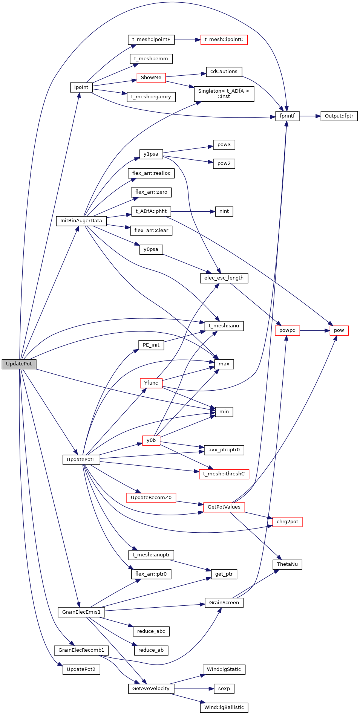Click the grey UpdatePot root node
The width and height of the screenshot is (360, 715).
click(x=19, y=364)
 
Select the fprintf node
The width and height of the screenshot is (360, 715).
click(x=287, y=116)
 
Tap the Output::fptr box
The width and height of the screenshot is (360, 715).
click(x=339, y=116)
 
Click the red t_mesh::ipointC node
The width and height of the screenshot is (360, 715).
click(x=224, y=40)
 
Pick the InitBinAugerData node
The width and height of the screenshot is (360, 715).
click(x=81, y=221)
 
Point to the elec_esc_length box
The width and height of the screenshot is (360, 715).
click(x=224, y=278)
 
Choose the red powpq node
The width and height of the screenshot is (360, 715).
click(x=287, y=330)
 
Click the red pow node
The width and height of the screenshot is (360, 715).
click(x=339, y=330)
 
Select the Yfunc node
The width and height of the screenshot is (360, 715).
click(x=151, y=383)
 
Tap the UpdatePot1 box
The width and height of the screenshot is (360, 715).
click(x=81, y=460)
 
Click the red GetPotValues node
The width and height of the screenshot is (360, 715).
click(x=224, y=507)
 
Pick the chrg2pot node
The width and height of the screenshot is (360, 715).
click(x=287, y=522)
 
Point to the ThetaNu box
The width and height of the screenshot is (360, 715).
click(x=287, y=564)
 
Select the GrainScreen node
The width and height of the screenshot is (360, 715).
click(x=224, y=603)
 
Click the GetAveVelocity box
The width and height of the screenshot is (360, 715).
click(x=151, y=689)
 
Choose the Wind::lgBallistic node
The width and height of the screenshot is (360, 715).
click(x=224, y=707)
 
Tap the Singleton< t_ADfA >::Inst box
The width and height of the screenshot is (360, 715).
click(x=224, y=94)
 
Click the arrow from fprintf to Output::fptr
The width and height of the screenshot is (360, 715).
click(x=310, y=116)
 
